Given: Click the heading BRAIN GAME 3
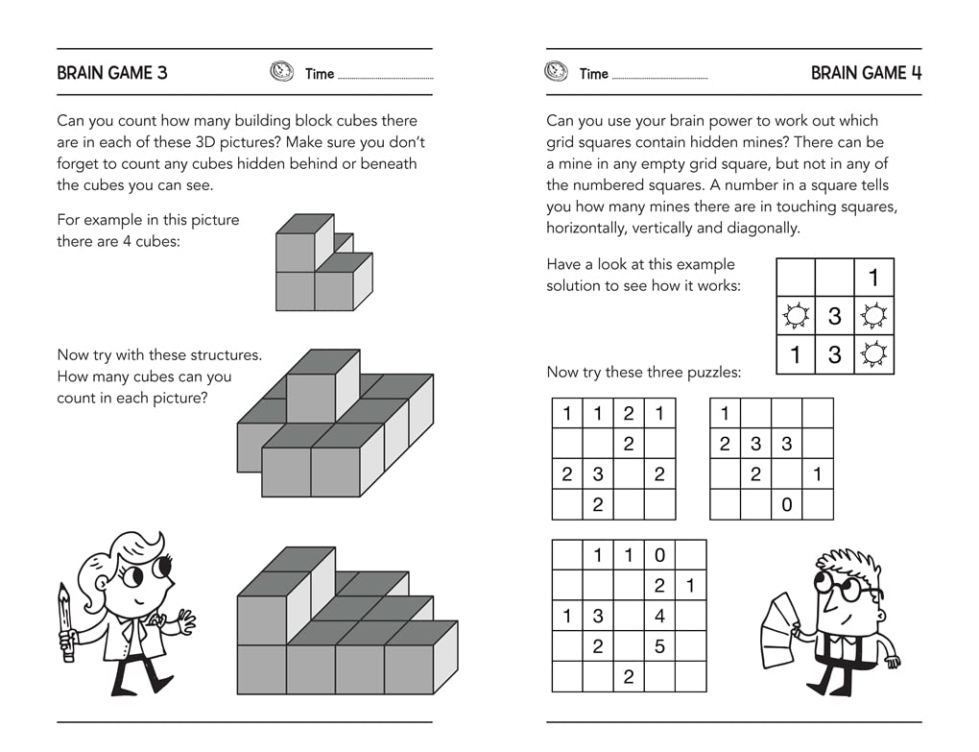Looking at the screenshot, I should click(x=111, y=73).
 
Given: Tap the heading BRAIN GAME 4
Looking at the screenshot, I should click(x=866, y=73).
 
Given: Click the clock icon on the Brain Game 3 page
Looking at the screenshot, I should click(x=281, y=72).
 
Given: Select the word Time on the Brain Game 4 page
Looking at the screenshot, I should click(x=594, y=74).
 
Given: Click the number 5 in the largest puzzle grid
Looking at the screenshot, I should click(x=659, y=647).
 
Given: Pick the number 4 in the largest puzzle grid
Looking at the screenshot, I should click(x=659, y=617).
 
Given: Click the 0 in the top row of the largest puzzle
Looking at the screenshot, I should click(x=659, y=555).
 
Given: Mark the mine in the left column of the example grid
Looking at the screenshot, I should click(x=795, y=315).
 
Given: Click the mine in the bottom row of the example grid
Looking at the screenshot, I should click(x=873, y=354).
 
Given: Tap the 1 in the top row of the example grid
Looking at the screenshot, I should click(x=873, y=278).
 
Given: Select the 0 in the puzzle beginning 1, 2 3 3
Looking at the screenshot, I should click(x=787, y=504).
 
